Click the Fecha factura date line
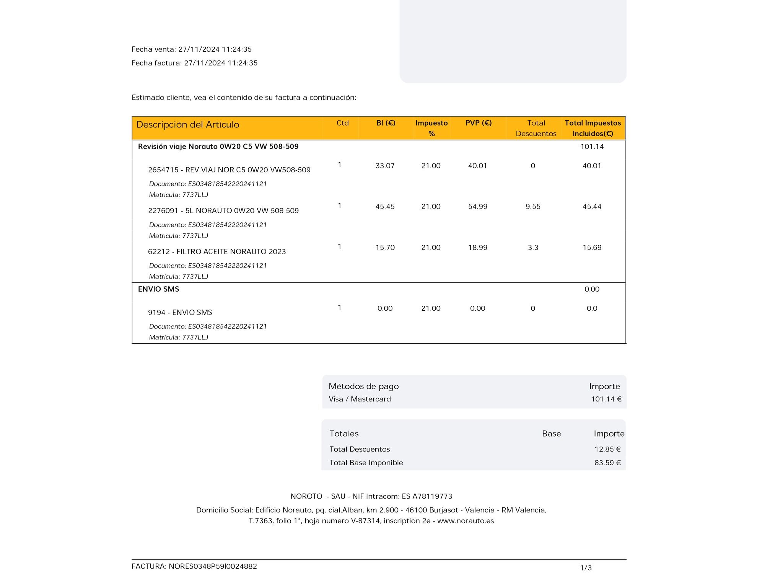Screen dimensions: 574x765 tap(194, 63)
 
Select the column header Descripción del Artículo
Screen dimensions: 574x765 tap(188, 125)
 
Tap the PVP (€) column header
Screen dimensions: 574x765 tap(479, 123)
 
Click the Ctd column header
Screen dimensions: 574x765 tap(342, 123)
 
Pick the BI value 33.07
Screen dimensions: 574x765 tap(385, 166)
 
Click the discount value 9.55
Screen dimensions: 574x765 tap(533, 207)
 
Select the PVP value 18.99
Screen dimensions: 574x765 tap(478, 248)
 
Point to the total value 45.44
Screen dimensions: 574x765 tap(592, 207)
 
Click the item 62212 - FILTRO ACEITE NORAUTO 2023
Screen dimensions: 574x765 tap(217, 252)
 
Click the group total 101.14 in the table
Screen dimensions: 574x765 tap(592, 147)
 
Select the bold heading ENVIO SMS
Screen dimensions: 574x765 tap(158, 289)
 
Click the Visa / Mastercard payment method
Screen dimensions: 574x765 tap(360, 399)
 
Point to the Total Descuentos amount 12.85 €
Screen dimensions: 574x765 tap(607, 449)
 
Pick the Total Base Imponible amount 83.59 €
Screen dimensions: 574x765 tap(607, 463)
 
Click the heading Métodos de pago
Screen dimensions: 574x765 tap(363, 386)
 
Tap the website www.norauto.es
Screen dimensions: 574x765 tap(466, 521)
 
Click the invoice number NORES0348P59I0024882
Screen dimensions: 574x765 tap(213, 566)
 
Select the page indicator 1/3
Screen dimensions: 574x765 tap(586, 568)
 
